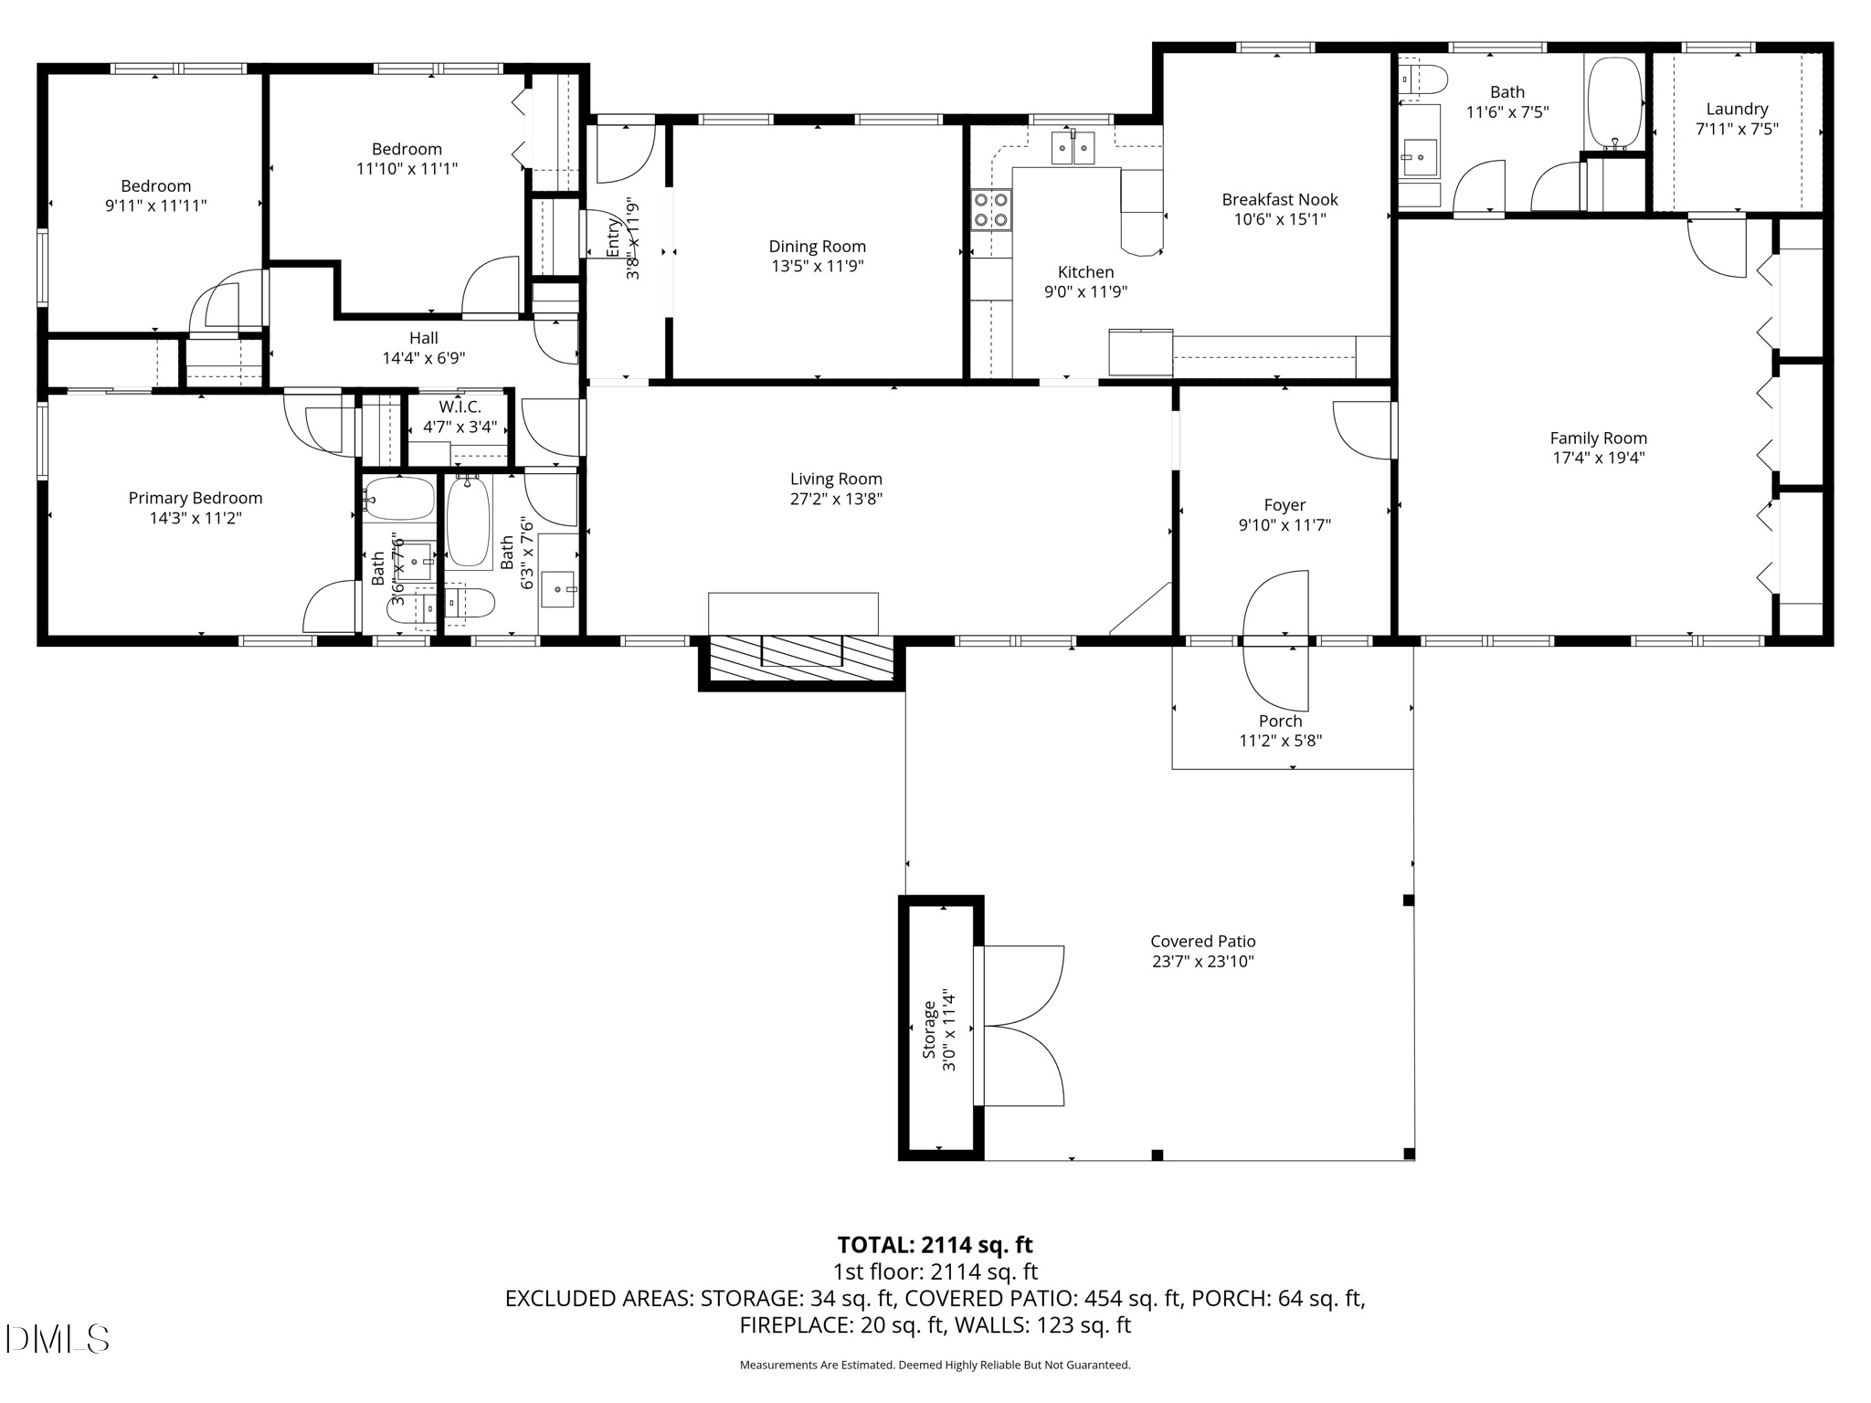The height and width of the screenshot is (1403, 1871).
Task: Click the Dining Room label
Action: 817,247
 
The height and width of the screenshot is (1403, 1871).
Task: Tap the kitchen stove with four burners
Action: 991,209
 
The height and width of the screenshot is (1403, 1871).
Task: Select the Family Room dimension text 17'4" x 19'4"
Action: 1598,459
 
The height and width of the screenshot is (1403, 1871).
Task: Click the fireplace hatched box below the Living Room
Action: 801,658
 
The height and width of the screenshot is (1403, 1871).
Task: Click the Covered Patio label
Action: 1202,941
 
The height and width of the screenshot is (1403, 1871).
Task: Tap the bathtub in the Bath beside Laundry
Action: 1614,101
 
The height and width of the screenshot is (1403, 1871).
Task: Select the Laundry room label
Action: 1737,109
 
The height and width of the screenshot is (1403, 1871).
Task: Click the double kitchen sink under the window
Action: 1073,147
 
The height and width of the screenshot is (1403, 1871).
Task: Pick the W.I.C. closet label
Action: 460,406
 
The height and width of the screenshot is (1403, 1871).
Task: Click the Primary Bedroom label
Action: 196,498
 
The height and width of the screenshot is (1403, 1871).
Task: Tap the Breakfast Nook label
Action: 1280,199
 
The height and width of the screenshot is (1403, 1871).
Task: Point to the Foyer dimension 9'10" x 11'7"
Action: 1284,525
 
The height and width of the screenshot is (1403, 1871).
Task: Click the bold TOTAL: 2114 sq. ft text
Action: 935,1244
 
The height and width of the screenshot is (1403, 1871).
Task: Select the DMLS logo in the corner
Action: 57,1339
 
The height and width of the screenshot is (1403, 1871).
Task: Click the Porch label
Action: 1280,721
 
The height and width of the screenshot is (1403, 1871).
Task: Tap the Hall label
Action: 423,338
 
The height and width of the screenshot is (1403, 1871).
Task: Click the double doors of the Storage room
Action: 1021,1026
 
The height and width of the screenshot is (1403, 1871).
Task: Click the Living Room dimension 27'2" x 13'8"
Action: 836,499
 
